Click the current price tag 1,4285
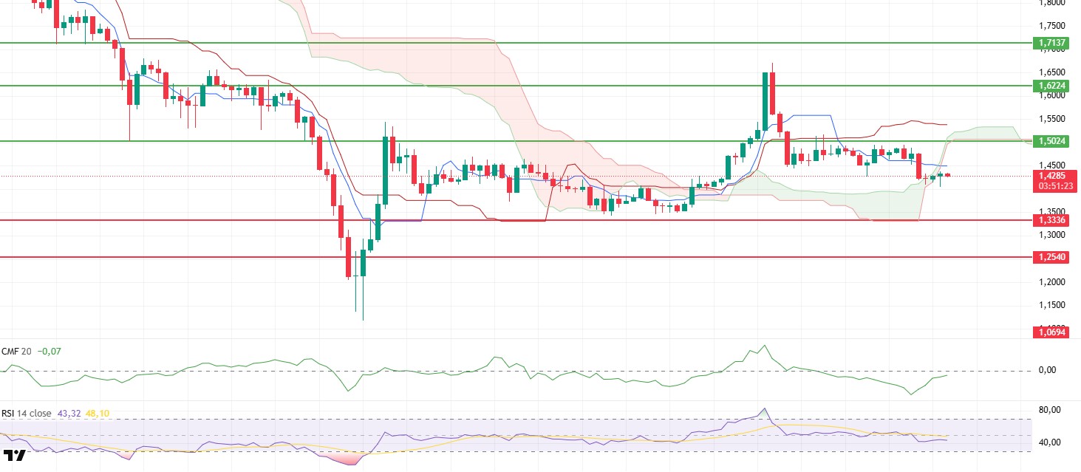pos(1052,176)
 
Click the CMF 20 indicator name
pos(16,352)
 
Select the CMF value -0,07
pos(50,352)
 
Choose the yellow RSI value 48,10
pos(98,414)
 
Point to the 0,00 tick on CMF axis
pos(1048,370)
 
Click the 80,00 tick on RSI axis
pos(1050,410)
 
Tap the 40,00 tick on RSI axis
pos(1050,442)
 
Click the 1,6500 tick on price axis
pos(1051,72)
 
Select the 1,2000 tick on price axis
pos(1051,282)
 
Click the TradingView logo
pos(15,455)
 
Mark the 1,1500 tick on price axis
pos(1051,305)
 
